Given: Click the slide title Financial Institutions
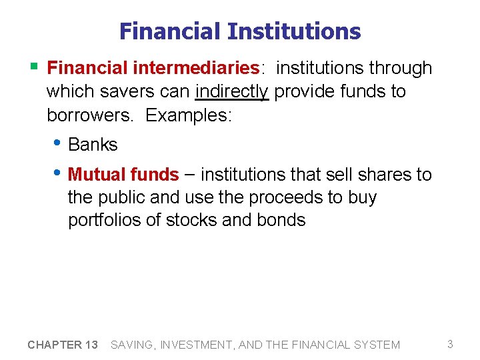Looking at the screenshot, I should click(240, 31).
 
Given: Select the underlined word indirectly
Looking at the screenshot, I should click(231, 91).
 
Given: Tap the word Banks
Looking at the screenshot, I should click(93, 145).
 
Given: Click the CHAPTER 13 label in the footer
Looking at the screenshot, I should click(63, 345).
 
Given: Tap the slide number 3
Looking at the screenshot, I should click(450, 344).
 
